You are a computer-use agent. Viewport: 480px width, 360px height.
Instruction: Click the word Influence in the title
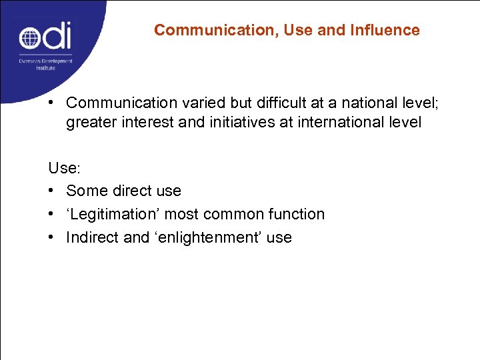tap(389, 30)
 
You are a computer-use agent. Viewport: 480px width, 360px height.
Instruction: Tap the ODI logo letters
tap(45, 37)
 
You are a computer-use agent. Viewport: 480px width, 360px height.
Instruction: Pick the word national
tap(357, 103)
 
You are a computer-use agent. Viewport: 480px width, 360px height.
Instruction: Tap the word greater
tap(91, 123)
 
